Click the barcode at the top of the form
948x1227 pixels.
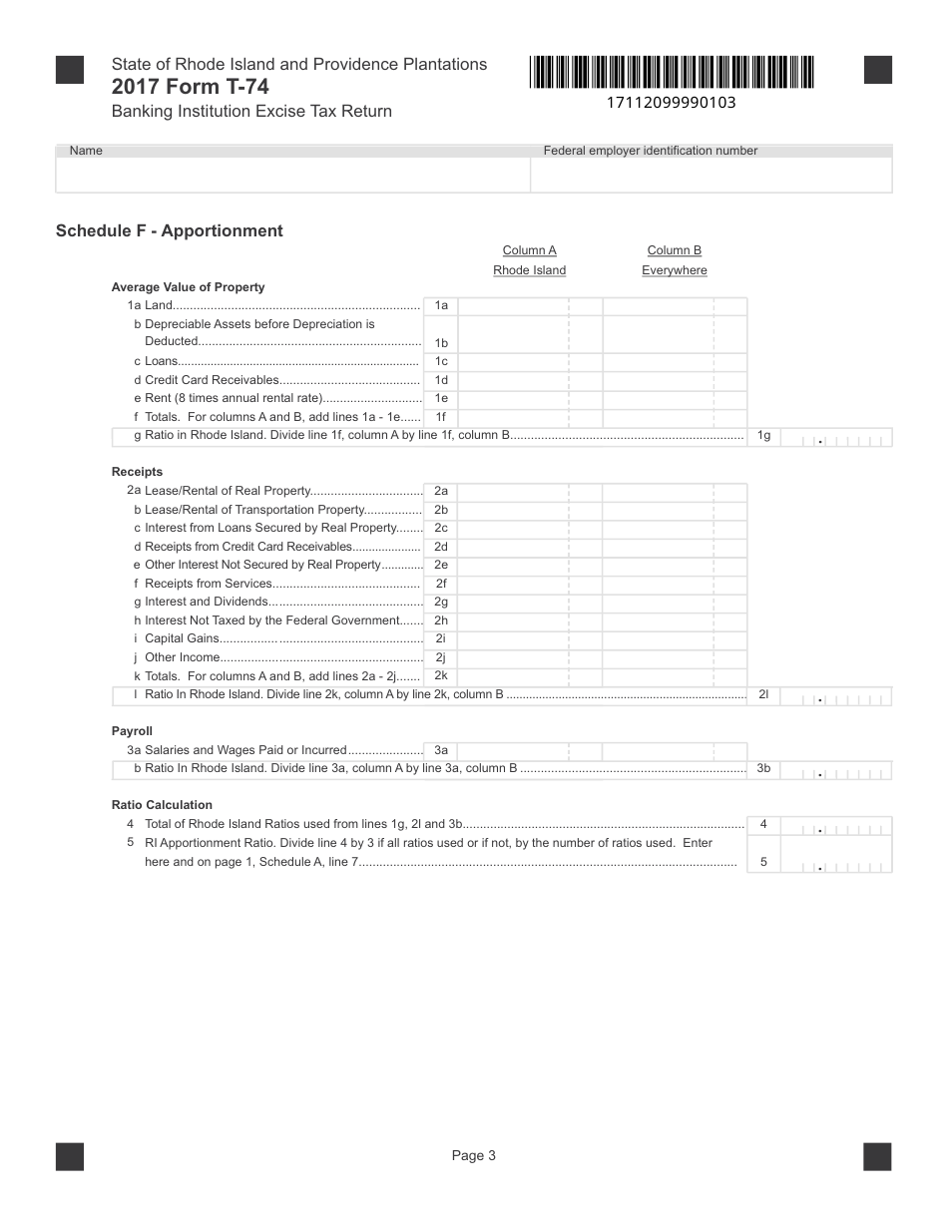click(x=672, y=73)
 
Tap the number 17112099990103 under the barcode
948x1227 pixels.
click(x=671, y=103)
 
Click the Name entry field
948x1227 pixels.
click(x=292, y=175)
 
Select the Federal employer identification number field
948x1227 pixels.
click(x=711, y=175)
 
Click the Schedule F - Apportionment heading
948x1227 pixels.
click(x=170, y=230)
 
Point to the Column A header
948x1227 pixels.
click(x=529, y=250)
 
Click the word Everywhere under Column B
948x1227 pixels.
click(x=674, y=270)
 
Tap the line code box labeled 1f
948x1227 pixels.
click(x=440, y=418)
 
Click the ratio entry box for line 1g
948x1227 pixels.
click(x=836, y=437)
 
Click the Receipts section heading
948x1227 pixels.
click(x=137, y=472)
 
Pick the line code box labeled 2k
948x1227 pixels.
click(x=440, y=676)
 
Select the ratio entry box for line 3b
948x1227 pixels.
click(x=836, y=770)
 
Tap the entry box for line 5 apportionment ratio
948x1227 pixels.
click(x=836, y=863)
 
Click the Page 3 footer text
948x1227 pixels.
click(x=473, y=1156)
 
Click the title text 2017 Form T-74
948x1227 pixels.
click(x=190, y=87)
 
